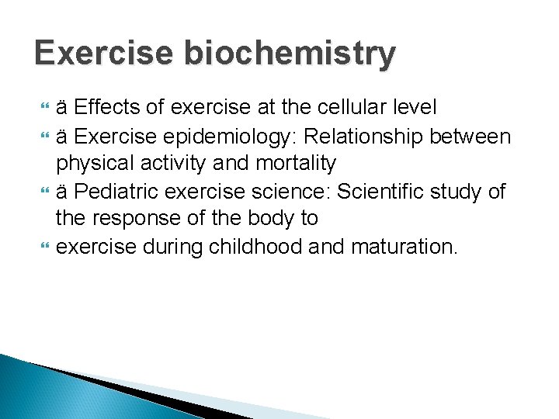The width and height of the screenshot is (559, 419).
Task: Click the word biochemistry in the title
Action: click(288, 54)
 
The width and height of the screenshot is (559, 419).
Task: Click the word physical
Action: click(95, 164)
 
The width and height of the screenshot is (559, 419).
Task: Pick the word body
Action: click(268, 219)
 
